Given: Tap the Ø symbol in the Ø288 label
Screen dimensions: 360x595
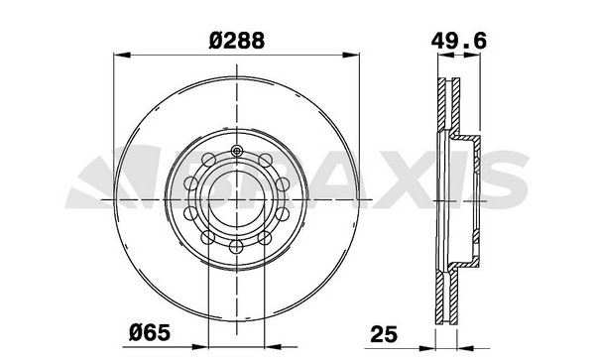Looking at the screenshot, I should point(215,43).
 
